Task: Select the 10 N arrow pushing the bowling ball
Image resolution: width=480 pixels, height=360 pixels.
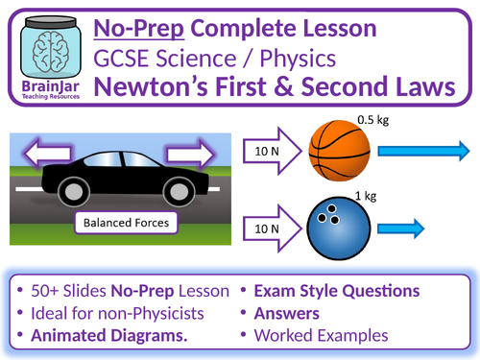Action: click(272, 229)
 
